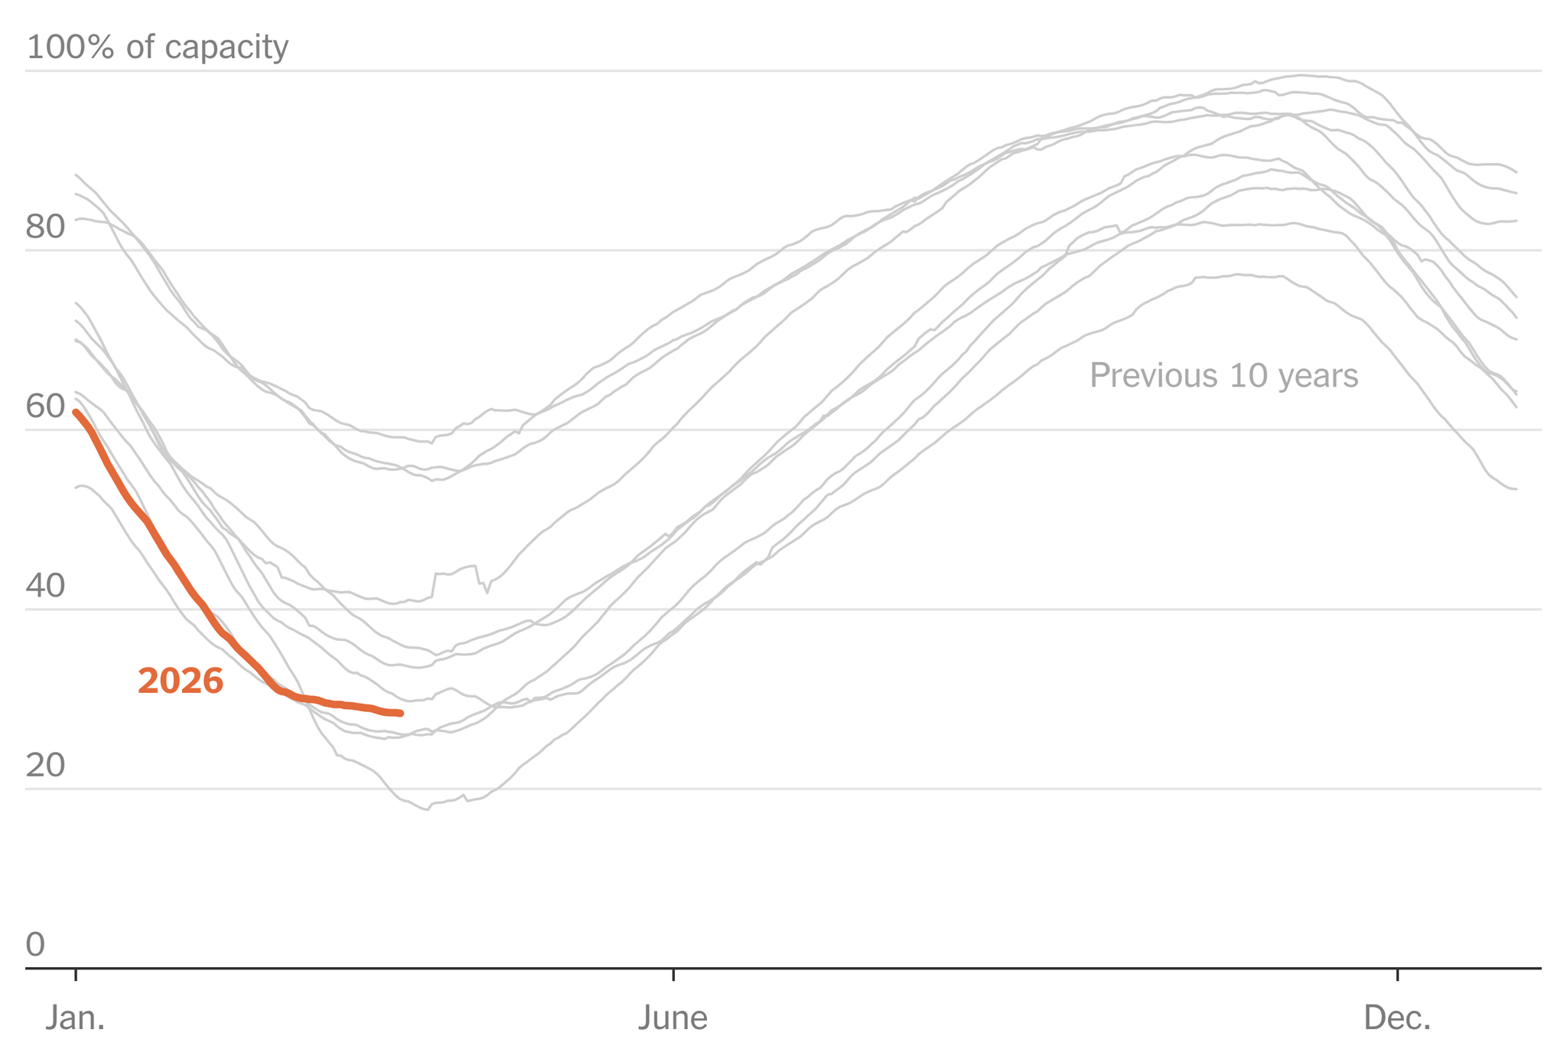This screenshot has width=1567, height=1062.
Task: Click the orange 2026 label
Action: (181, 681)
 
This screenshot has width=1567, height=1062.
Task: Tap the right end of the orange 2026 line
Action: (401, 713)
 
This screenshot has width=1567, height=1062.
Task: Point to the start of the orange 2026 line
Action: (75, 412)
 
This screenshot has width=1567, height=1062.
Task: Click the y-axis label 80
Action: (46, 227)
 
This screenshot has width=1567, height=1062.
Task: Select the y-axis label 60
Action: (46, 407)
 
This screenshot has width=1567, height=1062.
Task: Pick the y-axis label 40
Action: (46, 587)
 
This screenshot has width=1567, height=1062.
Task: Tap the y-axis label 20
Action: (46, 766)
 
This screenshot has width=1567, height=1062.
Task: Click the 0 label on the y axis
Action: (36, 945)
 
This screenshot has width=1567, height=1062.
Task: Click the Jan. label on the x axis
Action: (75, 1018)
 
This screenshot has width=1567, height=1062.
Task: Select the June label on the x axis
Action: (673, 1018)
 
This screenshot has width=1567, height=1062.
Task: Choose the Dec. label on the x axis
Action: (1397, 1018)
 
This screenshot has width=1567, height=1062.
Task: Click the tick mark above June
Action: (673, 974)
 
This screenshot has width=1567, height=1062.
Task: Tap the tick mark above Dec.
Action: (1397, 974)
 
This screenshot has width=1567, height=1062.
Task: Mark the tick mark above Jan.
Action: (75, 974)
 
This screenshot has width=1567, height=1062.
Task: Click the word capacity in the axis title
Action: (226, 47)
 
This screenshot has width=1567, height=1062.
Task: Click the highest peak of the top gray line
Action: (1301, 75)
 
